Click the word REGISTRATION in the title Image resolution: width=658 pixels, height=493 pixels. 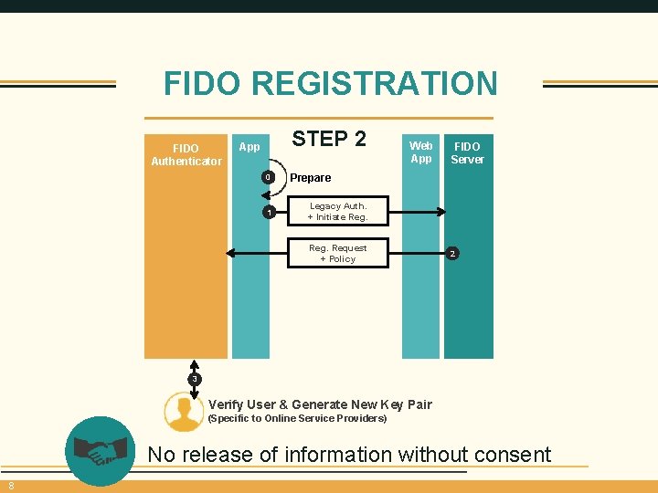374,84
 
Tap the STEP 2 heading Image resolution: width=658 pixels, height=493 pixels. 329,139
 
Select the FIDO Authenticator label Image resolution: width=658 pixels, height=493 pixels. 186,154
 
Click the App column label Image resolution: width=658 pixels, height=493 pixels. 249,147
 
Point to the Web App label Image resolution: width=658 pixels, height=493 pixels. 420,152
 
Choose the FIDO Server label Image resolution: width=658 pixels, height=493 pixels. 467,152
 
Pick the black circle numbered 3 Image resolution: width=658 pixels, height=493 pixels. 194,378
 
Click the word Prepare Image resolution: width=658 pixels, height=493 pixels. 311,178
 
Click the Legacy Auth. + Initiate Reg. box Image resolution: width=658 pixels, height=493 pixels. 338,212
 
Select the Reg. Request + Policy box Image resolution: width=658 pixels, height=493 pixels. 338,253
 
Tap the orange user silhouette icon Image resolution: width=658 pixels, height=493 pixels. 184,411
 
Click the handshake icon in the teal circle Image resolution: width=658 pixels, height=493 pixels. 101,450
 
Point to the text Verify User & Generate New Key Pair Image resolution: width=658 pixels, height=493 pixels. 320,404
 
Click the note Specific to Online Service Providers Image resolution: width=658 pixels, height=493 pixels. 298,419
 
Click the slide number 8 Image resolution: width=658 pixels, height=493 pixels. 11,485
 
